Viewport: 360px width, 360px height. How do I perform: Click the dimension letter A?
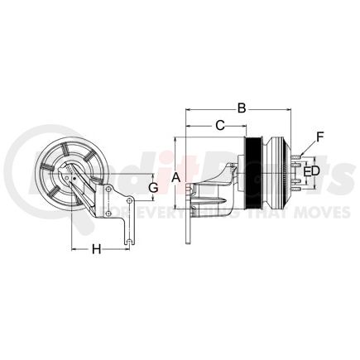[x=175, y=177]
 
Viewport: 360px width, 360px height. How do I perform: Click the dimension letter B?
[x=242, y=107]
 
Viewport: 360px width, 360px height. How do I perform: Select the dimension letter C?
[x=219, y=125]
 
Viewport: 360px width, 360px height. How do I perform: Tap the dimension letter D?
[x=315, y=171]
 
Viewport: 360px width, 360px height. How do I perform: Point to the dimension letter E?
[x=306, y=171]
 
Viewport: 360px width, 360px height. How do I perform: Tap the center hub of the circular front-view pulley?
[x=69, y=177]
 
